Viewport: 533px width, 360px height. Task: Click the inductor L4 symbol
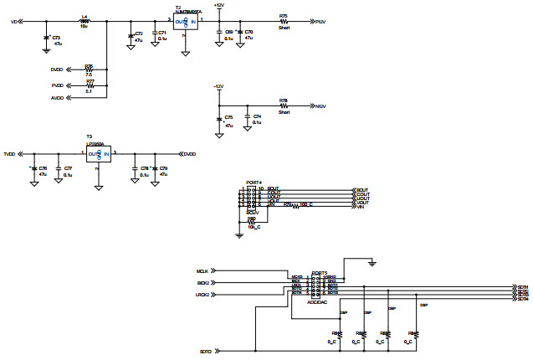click(84, 20)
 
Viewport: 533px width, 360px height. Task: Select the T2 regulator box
click(185, 22)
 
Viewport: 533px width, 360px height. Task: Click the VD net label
click(13, 21)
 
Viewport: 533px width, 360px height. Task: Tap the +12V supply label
click(218, 5)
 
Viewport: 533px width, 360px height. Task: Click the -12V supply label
click(218, 86)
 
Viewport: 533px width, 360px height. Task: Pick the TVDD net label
click(10, 154)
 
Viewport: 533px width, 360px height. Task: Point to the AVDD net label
click(56, 98)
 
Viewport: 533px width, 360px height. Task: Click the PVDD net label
click(56, 85)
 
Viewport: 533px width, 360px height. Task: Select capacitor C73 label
click(57, 38)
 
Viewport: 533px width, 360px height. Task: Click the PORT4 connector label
click(254, 182)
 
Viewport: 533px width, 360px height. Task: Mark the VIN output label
click(361, 207)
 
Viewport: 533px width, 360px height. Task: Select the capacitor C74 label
click(257, 116)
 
